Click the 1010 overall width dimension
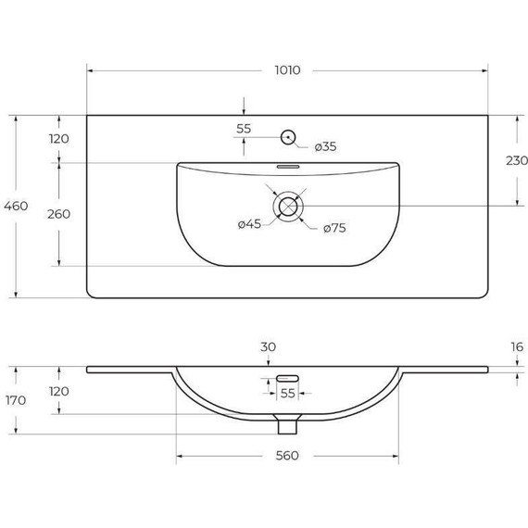(286, 70)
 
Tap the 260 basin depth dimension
(59, 214)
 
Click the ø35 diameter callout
(326, 146)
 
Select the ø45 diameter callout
(251, 223)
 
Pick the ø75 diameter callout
(334, 229)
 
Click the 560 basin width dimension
(286, 455)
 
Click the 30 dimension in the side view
(268, 347)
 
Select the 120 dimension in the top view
(59, 139)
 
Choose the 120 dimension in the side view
(59, 391)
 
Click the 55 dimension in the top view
(244, 130)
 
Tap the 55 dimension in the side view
(288, 393)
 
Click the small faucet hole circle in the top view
(288, 138)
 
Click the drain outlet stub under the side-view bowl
(288, 424)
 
